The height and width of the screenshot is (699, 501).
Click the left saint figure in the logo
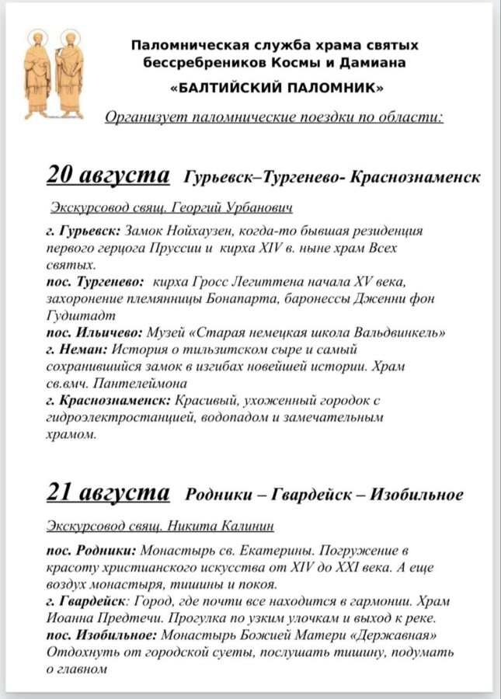pos(37,74)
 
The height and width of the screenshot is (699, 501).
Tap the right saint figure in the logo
pos(68,74)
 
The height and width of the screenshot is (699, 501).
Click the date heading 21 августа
pos(109,493)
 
